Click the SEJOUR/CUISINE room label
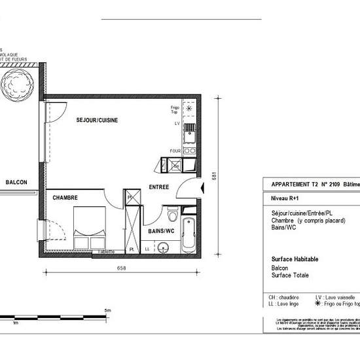[97, 120]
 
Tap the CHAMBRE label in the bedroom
[65, 197]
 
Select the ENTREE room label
[158, 187]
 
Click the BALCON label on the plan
[16, 183]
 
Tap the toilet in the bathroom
[172, 214]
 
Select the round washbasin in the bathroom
[164, 247]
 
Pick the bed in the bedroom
[90, 228]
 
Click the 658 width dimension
[121, 268]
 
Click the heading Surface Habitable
[295, 259]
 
